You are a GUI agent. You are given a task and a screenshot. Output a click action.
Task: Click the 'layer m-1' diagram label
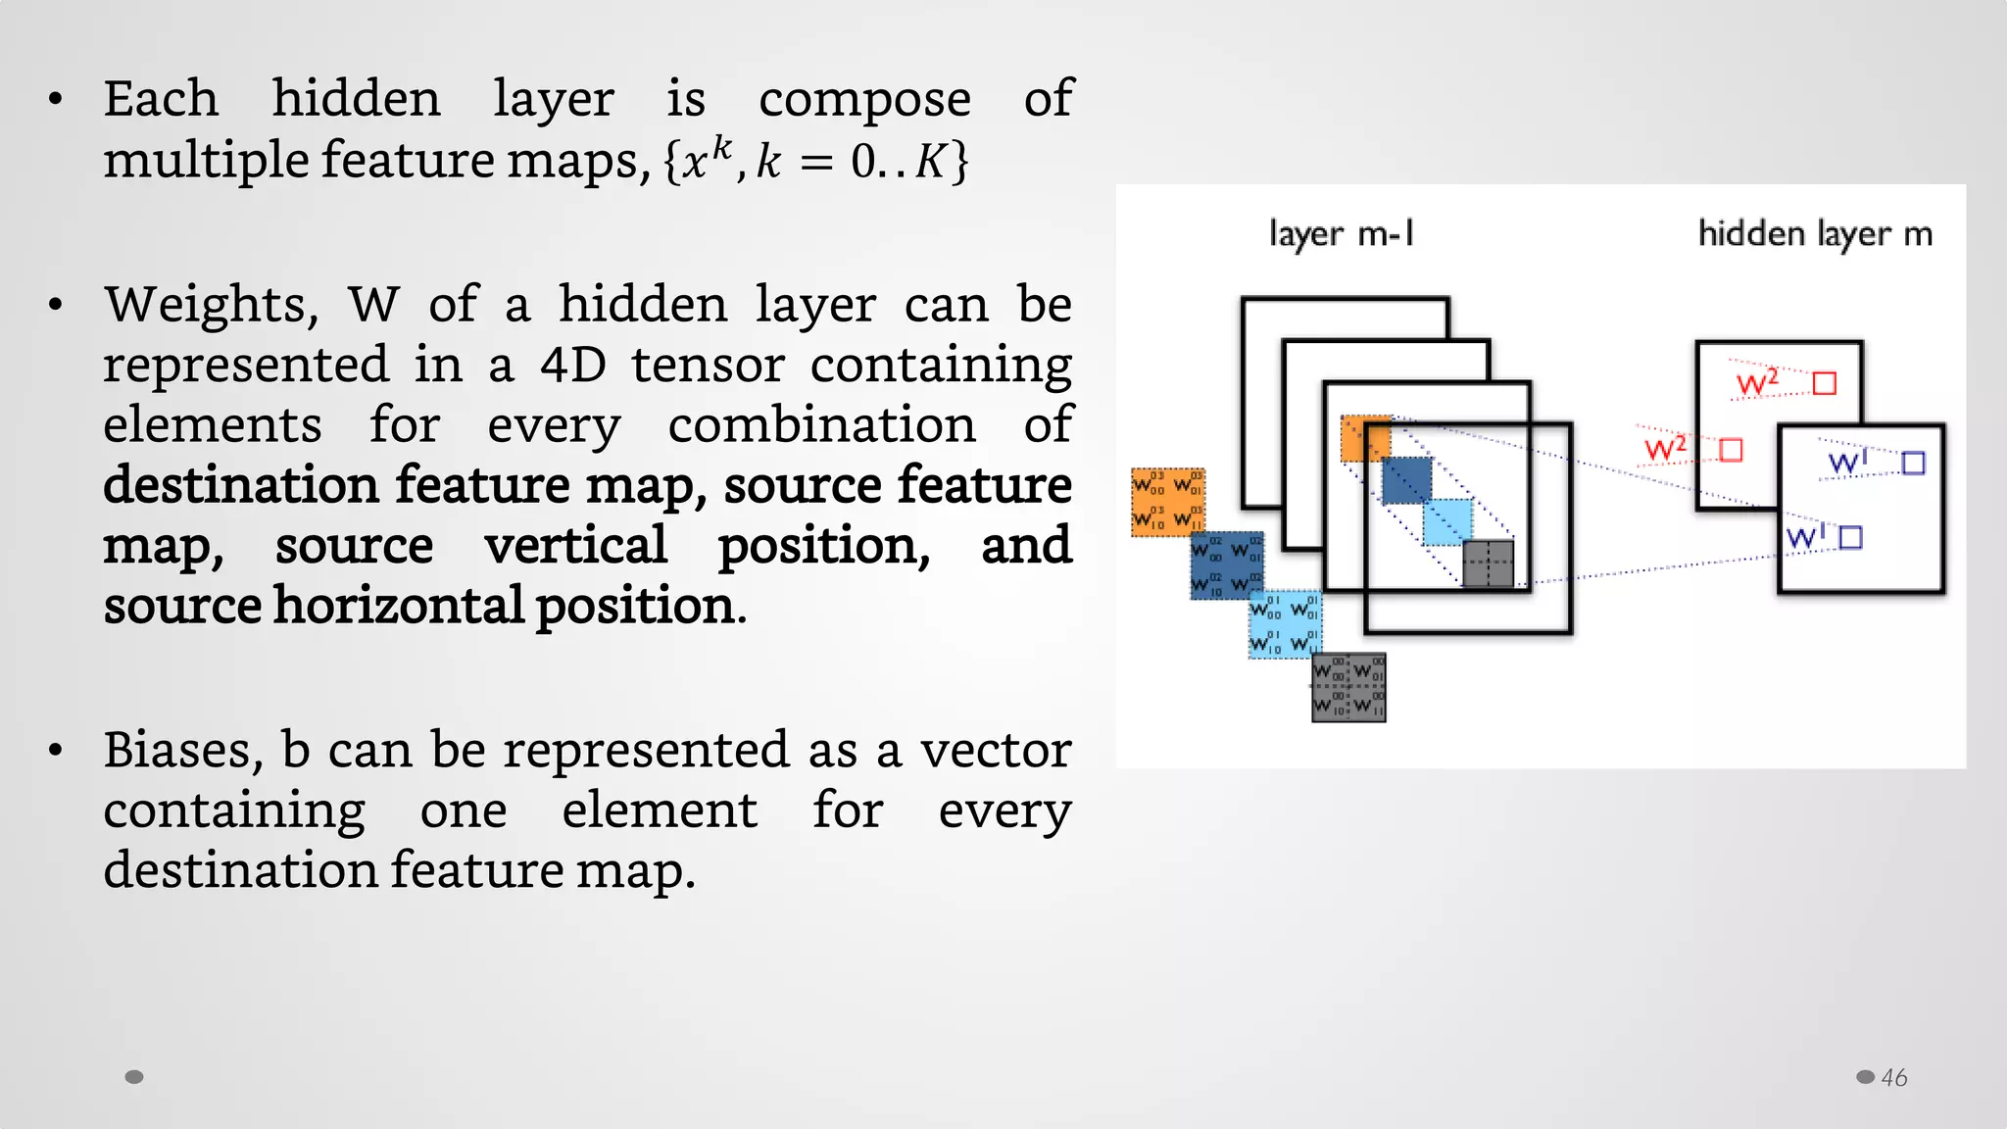click(x=1341, y=234)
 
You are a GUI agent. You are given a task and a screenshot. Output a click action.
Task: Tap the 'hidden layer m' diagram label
click(x=1815, y=234)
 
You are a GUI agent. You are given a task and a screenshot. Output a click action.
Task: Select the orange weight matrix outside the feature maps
click(x=1168, y=502)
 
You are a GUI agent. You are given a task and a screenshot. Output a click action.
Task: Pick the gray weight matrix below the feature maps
click(x=1348, y=688)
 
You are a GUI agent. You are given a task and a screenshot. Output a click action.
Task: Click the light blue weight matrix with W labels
click(x=1285, y=624)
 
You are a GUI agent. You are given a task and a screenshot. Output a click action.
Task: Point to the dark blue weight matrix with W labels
click(x=1226, y=565)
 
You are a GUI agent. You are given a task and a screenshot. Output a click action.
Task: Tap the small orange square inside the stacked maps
click(x=1365, y=438)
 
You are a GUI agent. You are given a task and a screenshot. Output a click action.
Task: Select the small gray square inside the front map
click(x=1488, y=564)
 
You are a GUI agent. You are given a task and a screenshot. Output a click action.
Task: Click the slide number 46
click(x=1893, y=1077)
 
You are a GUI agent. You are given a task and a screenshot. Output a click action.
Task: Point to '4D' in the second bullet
click(x=573, y=366)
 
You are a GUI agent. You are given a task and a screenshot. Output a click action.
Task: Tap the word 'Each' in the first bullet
click(x=161, y=99)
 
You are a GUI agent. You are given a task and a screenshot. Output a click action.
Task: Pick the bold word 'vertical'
click(x=575, y=546)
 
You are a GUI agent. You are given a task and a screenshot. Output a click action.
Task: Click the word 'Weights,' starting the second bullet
click(x=212, y=306)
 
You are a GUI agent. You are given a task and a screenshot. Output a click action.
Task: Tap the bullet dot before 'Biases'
click(x=56, y=751)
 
